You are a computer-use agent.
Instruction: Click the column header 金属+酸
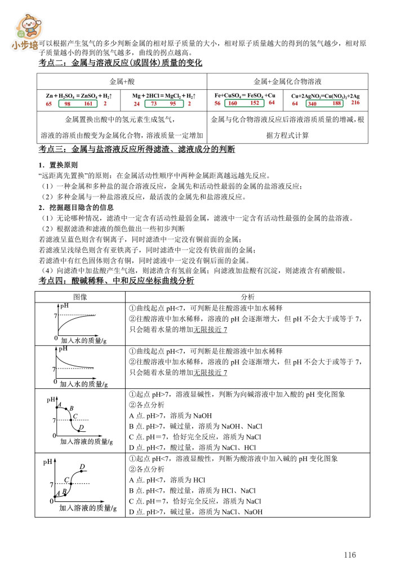click(x=122, y=81)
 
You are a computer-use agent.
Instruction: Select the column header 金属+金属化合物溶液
click(x=287, y=81)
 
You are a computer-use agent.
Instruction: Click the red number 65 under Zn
click(x=49, y=104)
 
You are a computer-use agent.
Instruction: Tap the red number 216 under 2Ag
click(x=355, y=103)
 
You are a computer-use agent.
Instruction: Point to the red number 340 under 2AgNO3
click(x=312, y=104)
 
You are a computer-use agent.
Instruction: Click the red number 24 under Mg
click(x=136, y=104)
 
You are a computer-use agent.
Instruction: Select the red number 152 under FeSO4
click(x=255, y=103)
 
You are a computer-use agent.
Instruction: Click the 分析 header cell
click(x=247, y=296)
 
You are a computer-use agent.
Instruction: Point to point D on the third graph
click(x=81, y=428)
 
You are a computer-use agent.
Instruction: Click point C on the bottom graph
click(x=66, y=480)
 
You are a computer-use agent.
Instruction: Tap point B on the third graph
click(x=72, y=408)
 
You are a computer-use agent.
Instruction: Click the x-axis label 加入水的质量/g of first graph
click(x=81, y=340)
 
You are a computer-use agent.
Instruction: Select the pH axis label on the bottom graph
click(x=48, y=462)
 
